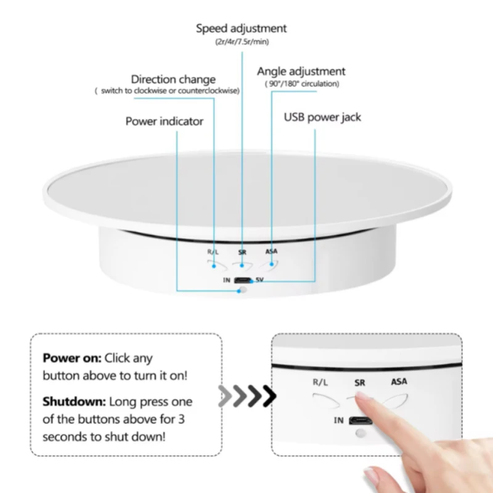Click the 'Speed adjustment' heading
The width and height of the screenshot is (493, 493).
241,28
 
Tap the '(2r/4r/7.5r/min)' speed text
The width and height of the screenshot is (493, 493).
242,42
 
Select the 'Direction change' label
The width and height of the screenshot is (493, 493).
173,79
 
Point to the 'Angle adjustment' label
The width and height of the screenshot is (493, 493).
301,71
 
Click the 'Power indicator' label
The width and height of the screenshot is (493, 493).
164,121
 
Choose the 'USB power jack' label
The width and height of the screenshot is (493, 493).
322,117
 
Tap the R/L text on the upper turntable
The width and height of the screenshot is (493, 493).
213,252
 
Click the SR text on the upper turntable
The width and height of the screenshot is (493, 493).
242,252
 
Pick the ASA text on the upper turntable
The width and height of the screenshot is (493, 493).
271,251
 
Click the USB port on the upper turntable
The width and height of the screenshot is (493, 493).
243,280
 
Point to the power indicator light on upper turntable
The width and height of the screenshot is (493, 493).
243,290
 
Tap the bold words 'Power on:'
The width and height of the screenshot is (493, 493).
72,358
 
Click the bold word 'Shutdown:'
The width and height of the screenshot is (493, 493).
74,402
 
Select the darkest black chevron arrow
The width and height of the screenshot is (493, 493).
269,396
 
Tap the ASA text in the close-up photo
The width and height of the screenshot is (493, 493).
399,381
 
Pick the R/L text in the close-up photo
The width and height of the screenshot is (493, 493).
320,382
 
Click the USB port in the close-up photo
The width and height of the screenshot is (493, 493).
361,420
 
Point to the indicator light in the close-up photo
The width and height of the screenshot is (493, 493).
361,433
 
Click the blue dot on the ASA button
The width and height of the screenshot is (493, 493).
272,264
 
